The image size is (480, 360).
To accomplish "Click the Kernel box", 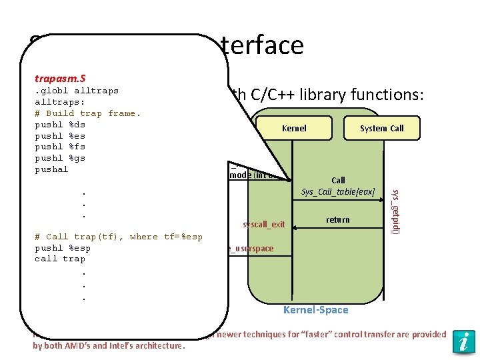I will pos(294,128).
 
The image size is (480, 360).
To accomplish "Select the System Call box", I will pos(381,128).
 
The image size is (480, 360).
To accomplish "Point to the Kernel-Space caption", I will pos(315,310).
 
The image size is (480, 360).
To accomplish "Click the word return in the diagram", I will pos(338,219).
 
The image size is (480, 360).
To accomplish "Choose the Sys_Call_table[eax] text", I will pos(338,192).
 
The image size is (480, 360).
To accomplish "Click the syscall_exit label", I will pos(264,225).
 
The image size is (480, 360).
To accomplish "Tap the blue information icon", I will pos(463,341).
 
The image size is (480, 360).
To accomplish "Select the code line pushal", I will pos(51,169).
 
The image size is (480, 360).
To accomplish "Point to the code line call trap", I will pos(60,259).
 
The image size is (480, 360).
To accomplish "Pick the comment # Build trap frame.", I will pos(87,113).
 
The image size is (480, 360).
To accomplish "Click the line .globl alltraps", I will pos(76,91).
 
